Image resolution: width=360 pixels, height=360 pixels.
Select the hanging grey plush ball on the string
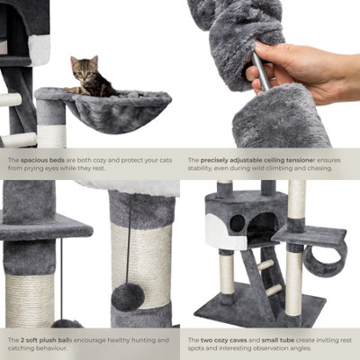point(127,296)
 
